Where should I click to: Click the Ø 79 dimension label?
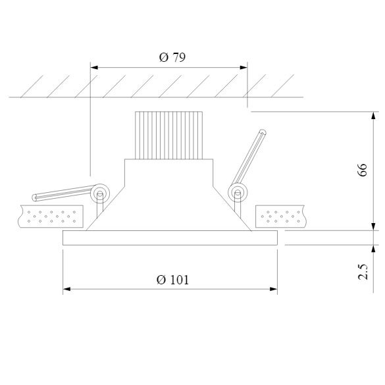(172, 57)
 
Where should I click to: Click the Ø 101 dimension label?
(172, 280)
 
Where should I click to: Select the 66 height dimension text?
(362, 170)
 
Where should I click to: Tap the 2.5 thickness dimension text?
(363, 272)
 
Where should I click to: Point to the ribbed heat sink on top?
(169, 136)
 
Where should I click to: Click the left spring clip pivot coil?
(100, 193)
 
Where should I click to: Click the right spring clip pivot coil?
(238, 193)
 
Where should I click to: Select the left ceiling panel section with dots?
(51, 217)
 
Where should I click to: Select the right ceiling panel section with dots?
(280, 217)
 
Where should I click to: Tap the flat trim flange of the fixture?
(170, 238)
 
